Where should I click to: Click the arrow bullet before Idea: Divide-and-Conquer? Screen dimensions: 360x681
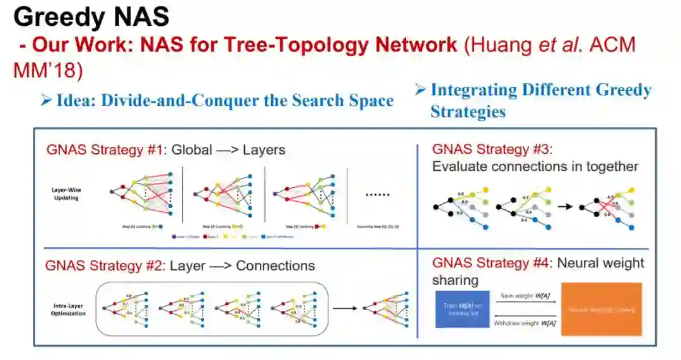45,100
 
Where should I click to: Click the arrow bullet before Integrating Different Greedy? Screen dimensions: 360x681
421,90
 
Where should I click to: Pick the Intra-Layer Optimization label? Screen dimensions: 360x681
69,309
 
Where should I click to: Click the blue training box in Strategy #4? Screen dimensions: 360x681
462,308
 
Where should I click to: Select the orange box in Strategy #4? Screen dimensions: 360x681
601,309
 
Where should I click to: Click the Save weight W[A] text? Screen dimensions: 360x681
525,295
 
